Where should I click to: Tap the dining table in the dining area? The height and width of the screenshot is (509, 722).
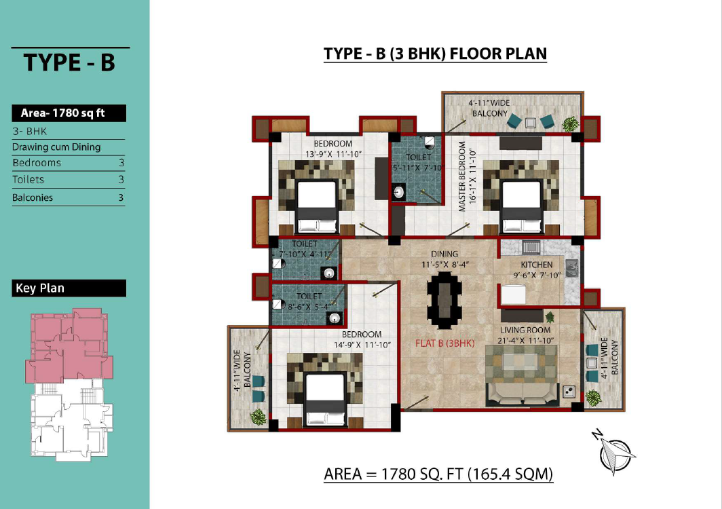point(444,300)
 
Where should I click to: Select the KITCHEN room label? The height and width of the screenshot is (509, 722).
point(537,265)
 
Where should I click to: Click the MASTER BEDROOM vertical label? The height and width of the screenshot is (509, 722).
point(462,176)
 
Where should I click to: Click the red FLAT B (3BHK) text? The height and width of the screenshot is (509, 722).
point(445,343)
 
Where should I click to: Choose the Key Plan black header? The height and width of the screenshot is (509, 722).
point(69,288)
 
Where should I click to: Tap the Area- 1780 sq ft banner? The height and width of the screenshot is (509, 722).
point(69,113)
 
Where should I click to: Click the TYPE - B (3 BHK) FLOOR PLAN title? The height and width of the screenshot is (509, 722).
point(435,54)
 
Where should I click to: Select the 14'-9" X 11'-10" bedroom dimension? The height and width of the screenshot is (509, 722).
point(362,345)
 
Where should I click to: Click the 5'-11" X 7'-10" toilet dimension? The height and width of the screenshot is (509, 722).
point(417,168)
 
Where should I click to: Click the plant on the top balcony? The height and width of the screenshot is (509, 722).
point(571,124)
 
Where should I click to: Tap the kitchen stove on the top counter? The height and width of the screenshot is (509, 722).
point(531,247)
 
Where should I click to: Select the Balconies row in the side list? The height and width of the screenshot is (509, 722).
point(69,197)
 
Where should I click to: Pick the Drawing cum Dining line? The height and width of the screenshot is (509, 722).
point(56,147)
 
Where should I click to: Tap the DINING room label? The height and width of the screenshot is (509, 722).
point(444,254)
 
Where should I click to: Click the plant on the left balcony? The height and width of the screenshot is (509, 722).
point(259,417)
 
